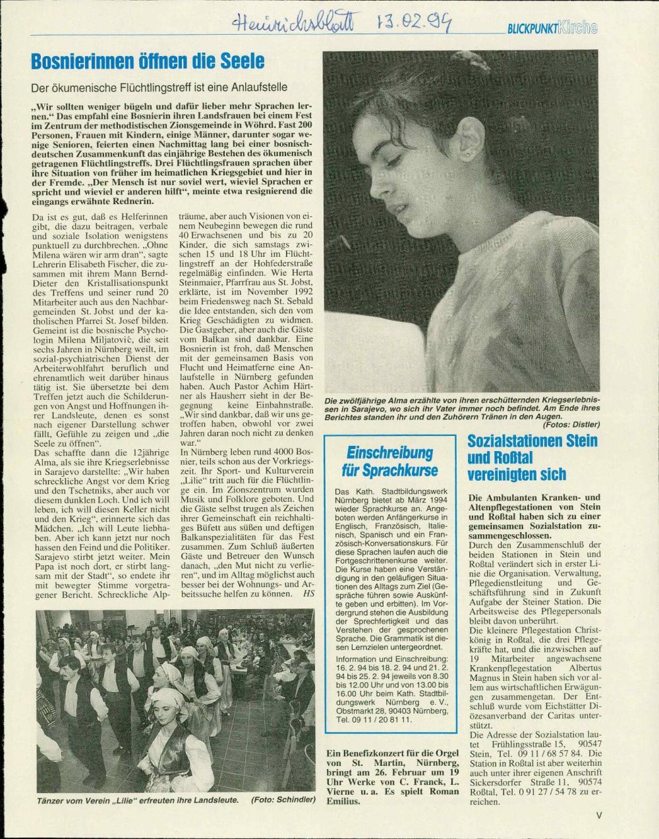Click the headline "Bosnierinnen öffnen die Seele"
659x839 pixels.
click(x=148, y=61)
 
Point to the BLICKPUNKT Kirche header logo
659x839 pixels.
click(x=552, y=28)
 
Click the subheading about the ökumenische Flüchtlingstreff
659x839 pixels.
click(x=159, y=87)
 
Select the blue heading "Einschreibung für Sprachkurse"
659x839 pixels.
click(x=389, y=461)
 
